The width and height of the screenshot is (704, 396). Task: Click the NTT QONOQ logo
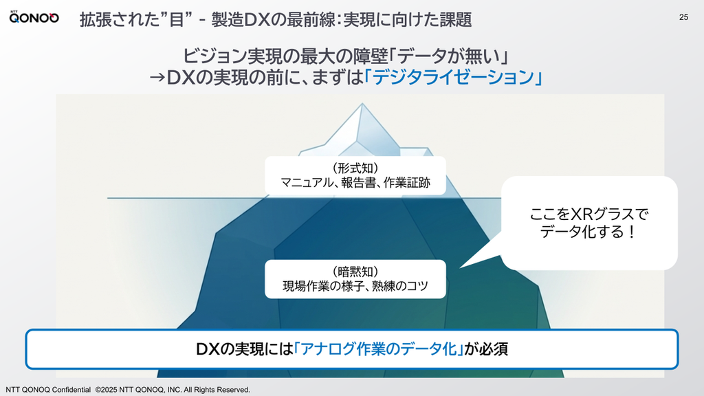pos(34,17)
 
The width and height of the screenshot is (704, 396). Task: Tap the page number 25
pos(683,17)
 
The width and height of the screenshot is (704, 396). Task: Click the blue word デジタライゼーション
pos(454,77)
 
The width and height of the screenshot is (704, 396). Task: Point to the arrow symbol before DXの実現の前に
pos(157,77)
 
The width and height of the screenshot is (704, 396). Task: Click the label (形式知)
pos(355,168)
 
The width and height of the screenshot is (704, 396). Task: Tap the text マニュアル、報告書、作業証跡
pos(355,183)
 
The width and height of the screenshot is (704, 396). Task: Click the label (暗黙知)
pos(355,271)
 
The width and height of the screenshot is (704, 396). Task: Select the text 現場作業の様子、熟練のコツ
pos(355,286)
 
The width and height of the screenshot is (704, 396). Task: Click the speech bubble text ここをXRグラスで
pos(589,214)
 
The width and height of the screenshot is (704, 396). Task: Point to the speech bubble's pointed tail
pos(461,267)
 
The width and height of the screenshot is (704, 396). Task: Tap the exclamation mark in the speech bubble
pos(631,232)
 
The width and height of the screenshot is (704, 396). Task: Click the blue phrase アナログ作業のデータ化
pos(379,349)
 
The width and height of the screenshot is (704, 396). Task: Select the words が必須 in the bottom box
pos(486,349)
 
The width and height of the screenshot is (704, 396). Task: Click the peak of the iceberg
pos(362,104)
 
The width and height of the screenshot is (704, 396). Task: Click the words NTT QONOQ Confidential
pos(48,390)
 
